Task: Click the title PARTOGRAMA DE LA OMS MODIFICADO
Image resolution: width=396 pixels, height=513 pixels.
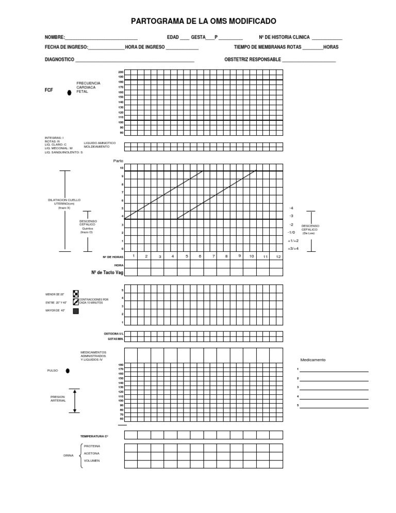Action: click(204, 21)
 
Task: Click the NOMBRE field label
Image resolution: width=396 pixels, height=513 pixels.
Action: click(55, 37)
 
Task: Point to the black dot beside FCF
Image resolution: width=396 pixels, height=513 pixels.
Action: click(69, 93)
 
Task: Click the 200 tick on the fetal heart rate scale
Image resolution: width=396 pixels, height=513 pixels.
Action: click(121, 72)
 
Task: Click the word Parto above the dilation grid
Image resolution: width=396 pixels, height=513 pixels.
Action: click(119, 161)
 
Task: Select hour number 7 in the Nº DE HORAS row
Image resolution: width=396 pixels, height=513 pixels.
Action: click(213, 256)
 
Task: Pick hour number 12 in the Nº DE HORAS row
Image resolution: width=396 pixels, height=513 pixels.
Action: click(278, 256)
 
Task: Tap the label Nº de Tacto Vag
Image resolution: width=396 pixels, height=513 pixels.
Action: click(107, 272)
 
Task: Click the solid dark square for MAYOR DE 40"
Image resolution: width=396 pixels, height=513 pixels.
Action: click(76, 311)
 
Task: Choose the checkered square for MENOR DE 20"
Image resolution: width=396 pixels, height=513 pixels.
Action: click(76, 294)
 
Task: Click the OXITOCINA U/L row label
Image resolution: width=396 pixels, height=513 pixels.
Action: click(114, 334)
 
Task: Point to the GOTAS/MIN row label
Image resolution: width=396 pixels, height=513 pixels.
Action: click(115, 339)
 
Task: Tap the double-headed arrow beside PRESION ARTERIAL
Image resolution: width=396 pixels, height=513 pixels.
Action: click(75, 400)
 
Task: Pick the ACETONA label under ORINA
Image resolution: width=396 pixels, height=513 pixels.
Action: click(91, 453)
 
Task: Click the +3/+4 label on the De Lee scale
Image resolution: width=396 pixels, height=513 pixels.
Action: click(293, 249)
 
